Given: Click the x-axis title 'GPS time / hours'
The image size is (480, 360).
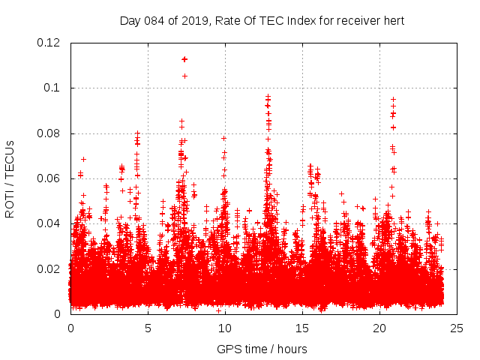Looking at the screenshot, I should pyautogui.click(x=262, y=349).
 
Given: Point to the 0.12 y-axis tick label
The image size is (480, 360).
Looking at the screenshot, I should pyautogui.click(x=50, y=43).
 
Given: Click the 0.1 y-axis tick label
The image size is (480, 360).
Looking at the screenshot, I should pyautogui.click(x=54, y=88).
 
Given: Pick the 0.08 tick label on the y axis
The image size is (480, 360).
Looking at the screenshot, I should pyautogui.click(x=50, y=133).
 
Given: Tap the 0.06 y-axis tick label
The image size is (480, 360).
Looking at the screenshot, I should pyautogui.click(x=50, y=178).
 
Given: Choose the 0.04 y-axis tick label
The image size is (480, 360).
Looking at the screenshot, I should pyautogui.click(x=50, y=223).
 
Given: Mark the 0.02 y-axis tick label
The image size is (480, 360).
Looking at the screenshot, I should pyautogui.click(x=50, y=268).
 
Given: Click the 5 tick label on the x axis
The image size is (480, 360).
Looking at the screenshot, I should pyautogui.click(x=148, y=328).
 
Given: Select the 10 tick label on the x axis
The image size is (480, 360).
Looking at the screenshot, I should pyautogui.click(x=225, y=328).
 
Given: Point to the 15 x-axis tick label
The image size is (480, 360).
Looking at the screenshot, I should pyautogui.click(x=302, y=328).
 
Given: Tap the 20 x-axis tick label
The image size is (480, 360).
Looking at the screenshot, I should pyautogui.click(x=379, y=328).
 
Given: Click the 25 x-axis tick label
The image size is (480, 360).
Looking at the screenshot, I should pyautogui.click(x=457, y=328).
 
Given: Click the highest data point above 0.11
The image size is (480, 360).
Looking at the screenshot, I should pyautogui.click(x=184, y=58).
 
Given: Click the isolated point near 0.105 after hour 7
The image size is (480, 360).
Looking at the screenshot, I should pyautogui.click(x=184, y=76).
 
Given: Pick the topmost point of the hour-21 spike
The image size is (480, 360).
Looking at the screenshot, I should pyautogui.click(x=393, y=99).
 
